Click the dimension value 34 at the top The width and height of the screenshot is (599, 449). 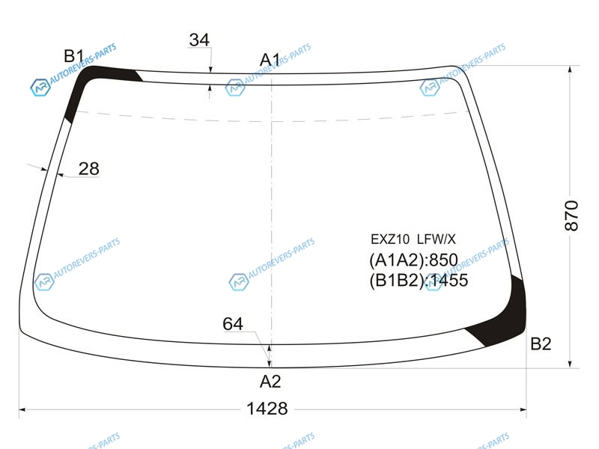click(199, 40)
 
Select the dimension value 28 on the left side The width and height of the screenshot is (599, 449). click(88, 168)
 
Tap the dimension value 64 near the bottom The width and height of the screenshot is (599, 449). click(233, 324)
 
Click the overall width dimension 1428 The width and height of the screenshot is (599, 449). click(267, 409)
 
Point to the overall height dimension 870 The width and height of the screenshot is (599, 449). click(571, 216)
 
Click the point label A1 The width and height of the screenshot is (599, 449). click(270, 60)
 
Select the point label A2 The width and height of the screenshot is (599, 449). click(270, 382)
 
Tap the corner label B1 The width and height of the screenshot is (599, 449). click(73, 56)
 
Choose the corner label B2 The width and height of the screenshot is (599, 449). click(541, 344)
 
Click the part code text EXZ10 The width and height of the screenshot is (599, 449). click(390, 239)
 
